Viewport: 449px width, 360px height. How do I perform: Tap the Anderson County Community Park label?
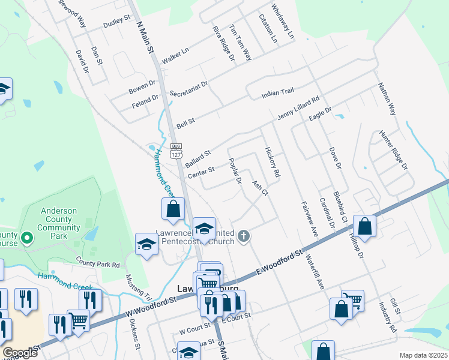[60, 220]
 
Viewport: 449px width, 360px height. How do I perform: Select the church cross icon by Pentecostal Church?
[244, 236]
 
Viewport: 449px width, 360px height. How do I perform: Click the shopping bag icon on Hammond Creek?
[173, 209]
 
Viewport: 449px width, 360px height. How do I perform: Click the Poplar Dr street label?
[235, 171]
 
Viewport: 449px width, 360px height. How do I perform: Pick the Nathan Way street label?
[387, 99]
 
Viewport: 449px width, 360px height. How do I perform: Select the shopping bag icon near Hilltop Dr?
[364, 227]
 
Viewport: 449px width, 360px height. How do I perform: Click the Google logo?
[20, 353]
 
